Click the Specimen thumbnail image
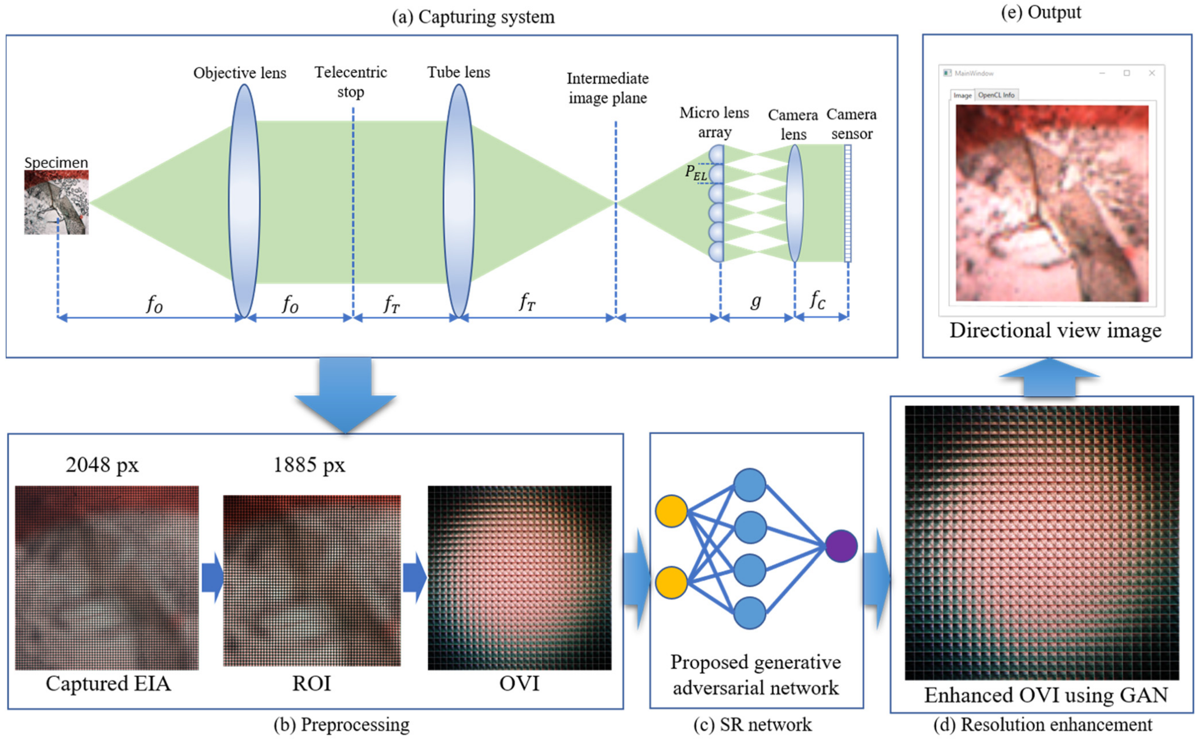coord(56,202)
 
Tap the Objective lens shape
coord(244,201)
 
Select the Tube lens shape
coord(458,201)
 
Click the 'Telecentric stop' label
coord(350,82)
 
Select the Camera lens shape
coord(794,203)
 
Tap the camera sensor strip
coord(847,203)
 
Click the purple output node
coord(841,546)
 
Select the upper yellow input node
coord(671,511)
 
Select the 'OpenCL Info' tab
coord(996,95)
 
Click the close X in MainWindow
coord(1152,73)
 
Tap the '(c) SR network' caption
coord(753,725)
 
